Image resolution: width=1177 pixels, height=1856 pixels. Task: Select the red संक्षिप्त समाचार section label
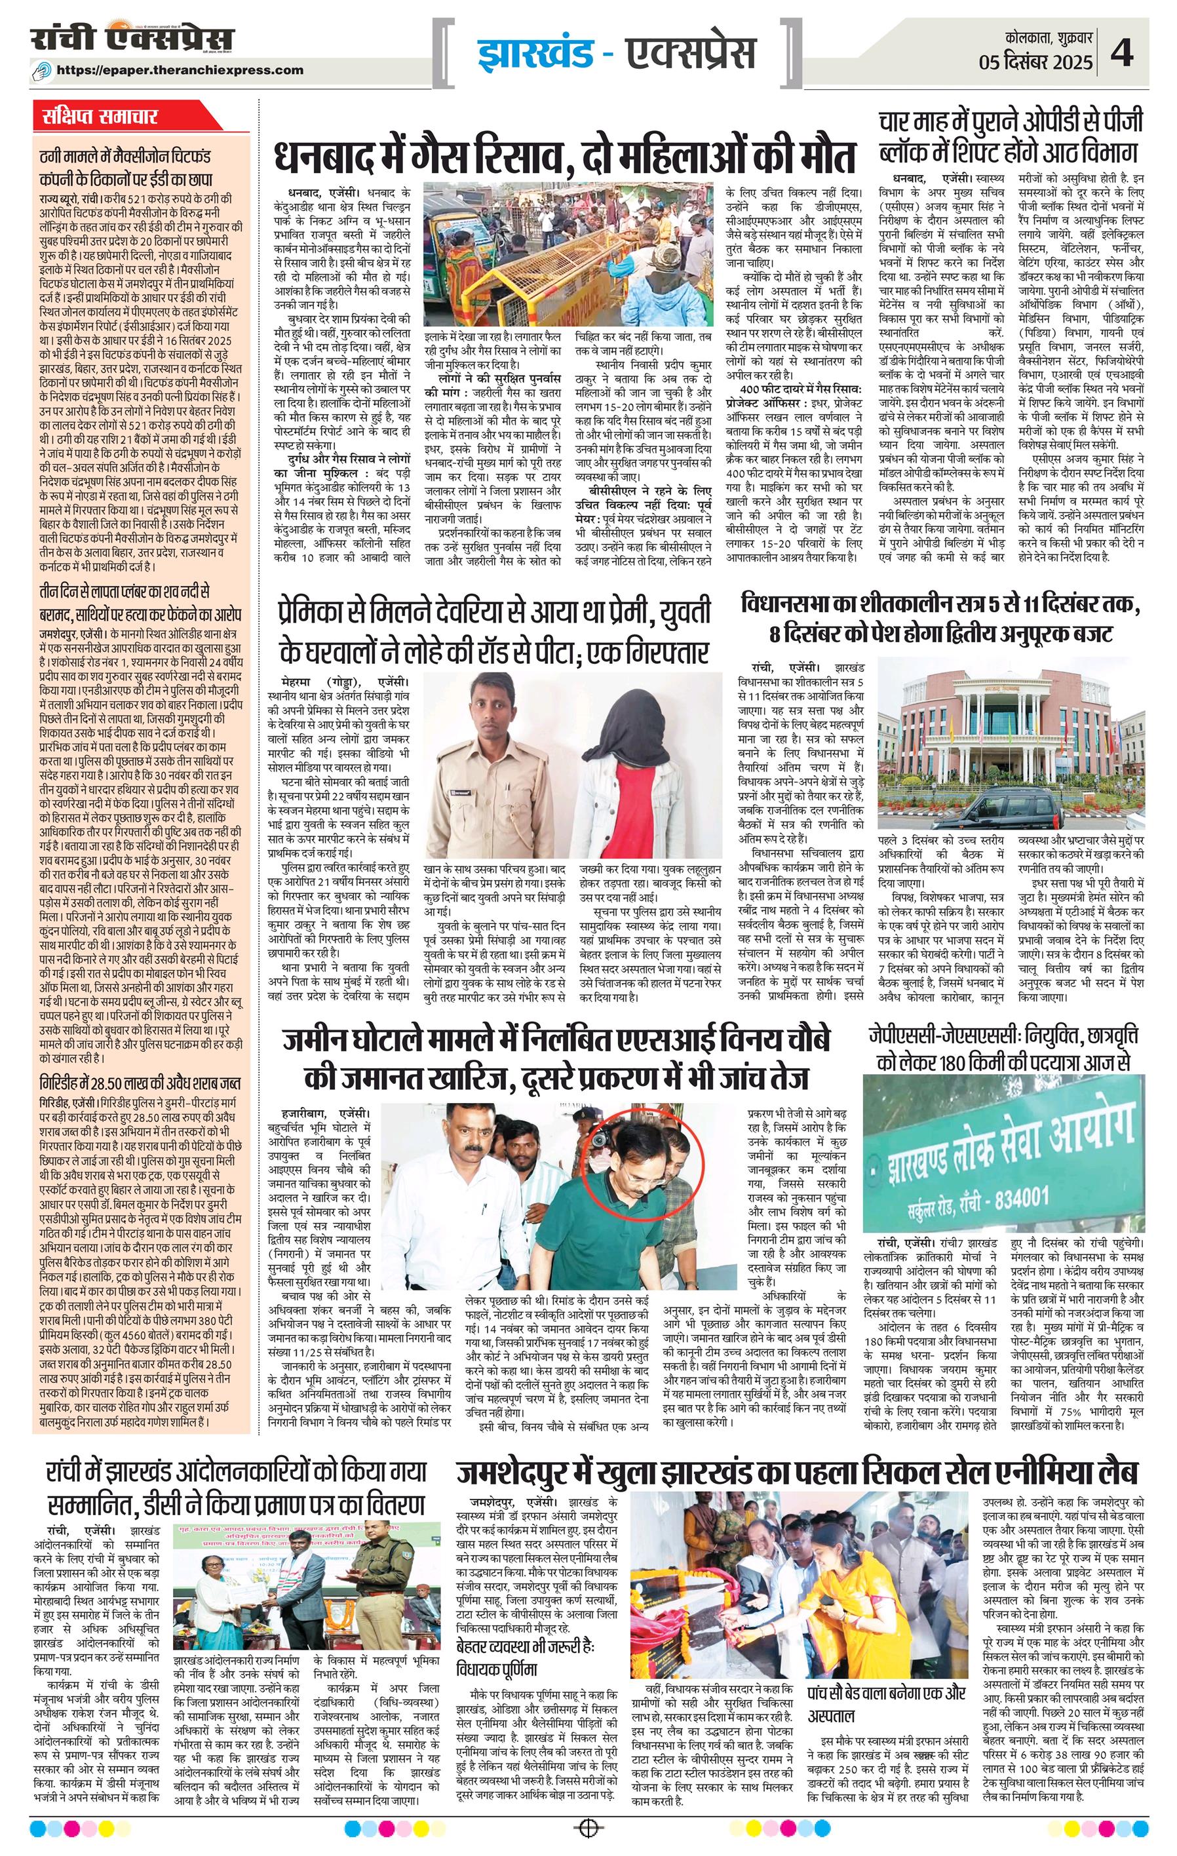point(101,117)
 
